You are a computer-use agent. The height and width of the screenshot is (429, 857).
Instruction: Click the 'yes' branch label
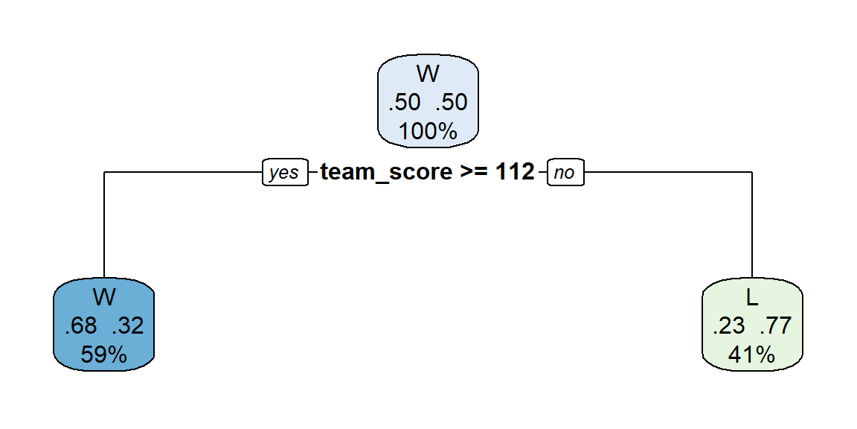(x=285, y=172)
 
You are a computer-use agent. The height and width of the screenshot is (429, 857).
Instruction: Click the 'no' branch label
(x=565, y=172)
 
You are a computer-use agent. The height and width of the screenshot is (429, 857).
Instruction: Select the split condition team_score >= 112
(x=427, y=172)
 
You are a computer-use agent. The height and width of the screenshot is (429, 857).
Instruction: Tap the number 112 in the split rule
(x=514, y=171)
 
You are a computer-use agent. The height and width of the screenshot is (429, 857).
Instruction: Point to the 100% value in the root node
(x=428, y=131)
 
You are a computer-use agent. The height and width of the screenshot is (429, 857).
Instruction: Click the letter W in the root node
(x=428, y=73)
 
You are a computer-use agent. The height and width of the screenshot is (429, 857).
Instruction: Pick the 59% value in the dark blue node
(x=104, y=355)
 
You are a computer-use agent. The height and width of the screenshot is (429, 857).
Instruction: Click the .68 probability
(x=80, y=325)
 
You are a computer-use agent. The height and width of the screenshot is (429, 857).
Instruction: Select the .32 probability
(x=127, y=325)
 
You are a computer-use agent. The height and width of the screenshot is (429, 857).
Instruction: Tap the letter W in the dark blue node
(x=104, y=297)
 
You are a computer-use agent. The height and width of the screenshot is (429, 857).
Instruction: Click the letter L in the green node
(x=752, y=297)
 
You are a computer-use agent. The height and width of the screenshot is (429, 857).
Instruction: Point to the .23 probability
(x=728, y=325)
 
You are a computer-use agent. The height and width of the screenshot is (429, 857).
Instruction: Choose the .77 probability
(x=776, y=325)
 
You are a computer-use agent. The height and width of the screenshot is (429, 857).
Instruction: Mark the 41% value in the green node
(x=751, y=355)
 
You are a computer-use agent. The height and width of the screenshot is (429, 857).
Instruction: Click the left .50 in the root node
(x=404, y=102)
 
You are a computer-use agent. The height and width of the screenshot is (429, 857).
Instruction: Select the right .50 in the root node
(x=451, y=102)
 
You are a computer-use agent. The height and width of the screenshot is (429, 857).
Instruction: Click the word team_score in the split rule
(x=386, y=173)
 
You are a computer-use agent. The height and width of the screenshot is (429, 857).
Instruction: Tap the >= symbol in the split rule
(x=475, y=172)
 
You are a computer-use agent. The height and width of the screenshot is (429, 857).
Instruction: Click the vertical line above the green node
(x=752, y=226)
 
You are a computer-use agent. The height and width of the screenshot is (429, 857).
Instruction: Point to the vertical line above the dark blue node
(x=104, y=226)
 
